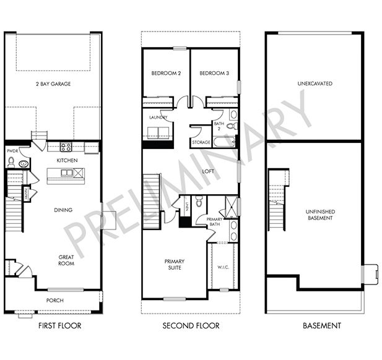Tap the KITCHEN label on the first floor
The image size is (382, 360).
[x=66, y=160]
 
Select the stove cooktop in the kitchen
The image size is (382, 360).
[x=66, y=147]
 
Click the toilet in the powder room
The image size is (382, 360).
[x=11, y=163]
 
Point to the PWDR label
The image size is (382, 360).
[x=12, y=150]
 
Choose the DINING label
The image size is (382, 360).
[x=63, y=210]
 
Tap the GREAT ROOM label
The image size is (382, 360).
[x=66, y=260]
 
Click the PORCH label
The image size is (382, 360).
[x=55, y=300]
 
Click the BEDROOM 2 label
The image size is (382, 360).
[x=166, y=74]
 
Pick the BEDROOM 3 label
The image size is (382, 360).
[x=214, y=74]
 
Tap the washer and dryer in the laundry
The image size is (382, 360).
[x=158, y=132]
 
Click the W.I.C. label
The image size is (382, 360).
[x=224, y=268]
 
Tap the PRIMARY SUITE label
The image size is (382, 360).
[x=174, y=265]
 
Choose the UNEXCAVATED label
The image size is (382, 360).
[x=314, y=83]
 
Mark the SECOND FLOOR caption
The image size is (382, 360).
[x=190, y=325]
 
